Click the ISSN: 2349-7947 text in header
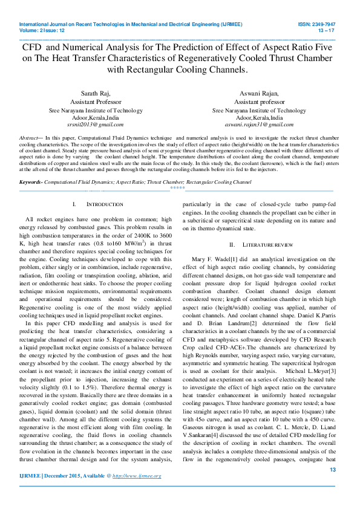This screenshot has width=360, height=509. click(316, 24)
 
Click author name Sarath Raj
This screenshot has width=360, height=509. click(95, 94)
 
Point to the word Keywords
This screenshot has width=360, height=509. click(31, 182)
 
